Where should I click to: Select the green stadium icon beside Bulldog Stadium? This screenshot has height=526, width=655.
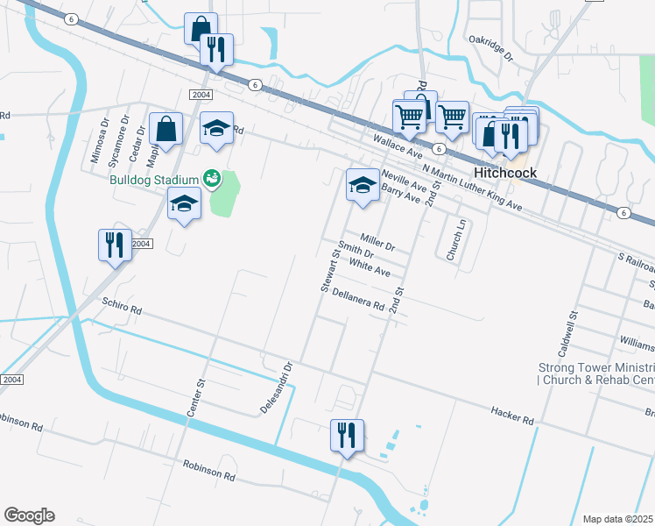(x=210, y=179)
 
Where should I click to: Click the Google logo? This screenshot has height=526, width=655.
(x=29, y=515)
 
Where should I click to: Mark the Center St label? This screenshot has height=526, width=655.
(x=201, y=394)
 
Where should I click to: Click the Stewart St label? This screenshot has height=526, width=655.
(x=328, y=270)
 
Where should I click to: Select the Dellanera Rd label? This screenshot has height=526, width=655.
(x=359, y=300)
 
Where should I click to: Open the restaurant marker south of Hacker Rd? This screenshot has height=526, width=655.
(x=347, y=435)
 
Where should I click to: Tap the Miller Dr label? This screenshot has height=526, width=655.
(x=377, y=239)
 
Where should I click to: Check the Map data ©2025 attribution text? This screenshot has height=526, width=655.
(x=617, y=519)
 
